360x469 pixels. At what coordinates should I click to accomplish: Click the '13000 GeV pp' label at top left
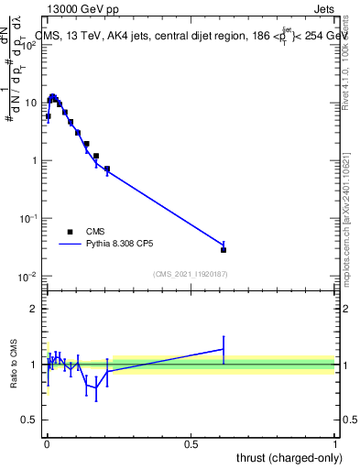pos(80,7)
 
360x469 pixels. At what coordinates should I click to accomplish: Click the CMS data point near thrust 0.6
pos(224,249)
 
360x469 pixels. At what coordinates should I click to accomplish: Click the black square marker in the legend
pos(70,233)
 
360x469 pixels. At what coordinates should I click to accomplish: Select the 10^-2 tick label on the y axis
pos(28,277)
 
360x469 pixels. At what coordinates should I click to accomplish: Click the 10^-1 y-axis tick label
pos(28,219)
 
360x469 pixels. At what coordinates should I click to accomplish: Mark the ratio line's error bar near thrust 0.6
pos(224,348)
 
